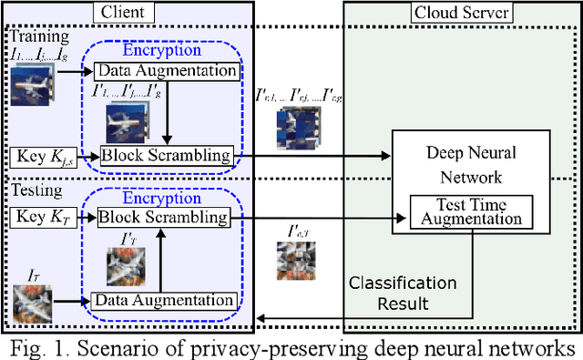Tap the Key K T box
[x=42, y=218]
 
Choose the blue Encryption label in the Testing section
[x=165, y=198]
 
